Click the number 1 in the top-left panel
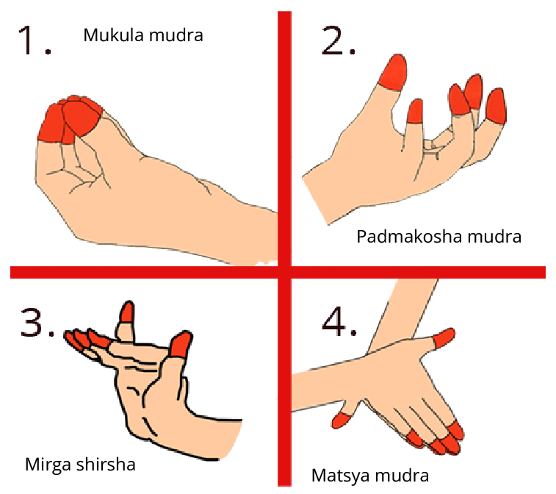tap(28, 40)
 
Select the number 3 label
tap(32, 322)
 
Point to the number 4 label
tap(334, 322)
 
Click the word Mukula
tap(113, 35)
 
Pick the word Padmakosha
tap(409, 237)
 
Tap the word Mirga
tap(48, 465)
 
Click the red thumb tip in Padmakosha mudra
tap(393, 72)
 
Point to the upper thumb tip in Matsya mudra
tap(444, 337)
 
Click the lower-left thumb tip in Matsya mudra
tap(342, 420)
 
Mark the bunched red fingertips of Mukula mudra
tap(71, 119)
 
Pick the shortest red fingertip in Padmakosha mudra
tap(416, 112)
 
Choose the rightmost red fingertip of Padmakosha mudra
tap(497, 106)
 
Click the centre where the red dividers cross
tap(284, 272)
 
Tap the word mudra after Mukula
tap(176, 35)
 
